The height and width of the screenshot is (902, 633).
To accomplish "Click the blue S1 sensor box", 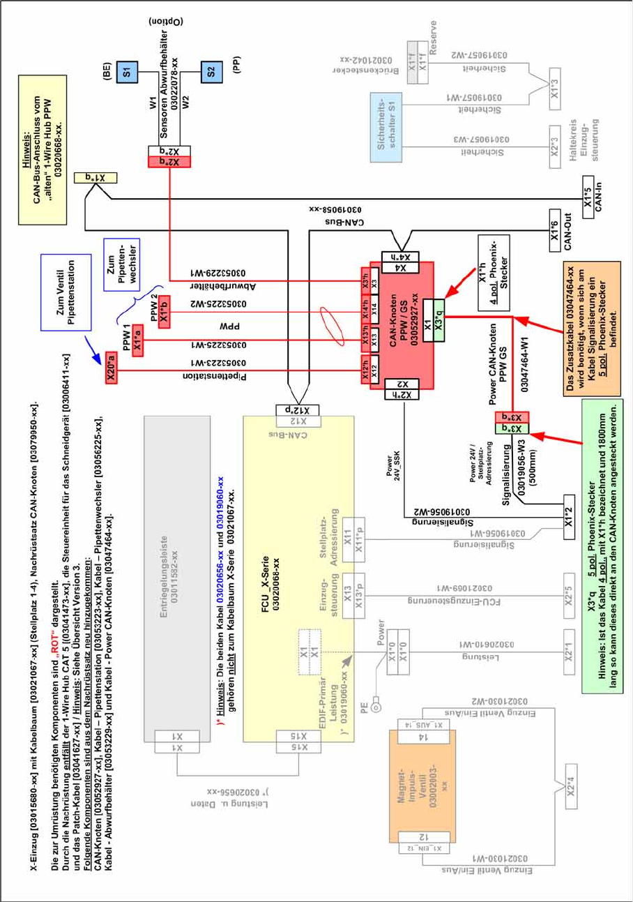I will (x=127, y=70).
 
